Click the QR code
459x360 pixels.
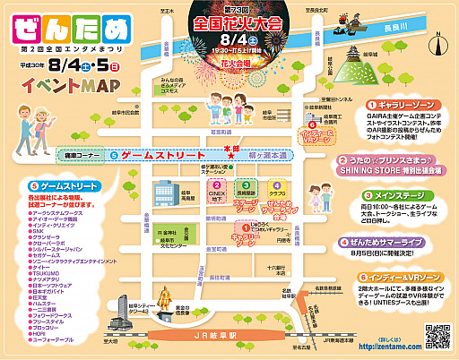(x=436, y=337)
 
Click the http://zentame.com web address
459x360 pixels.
(x=388, y=346)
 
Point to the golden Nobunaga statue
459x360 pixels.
(x=165, y=301)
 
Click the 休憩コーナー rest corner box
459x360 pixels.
(x=74, y=154)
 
